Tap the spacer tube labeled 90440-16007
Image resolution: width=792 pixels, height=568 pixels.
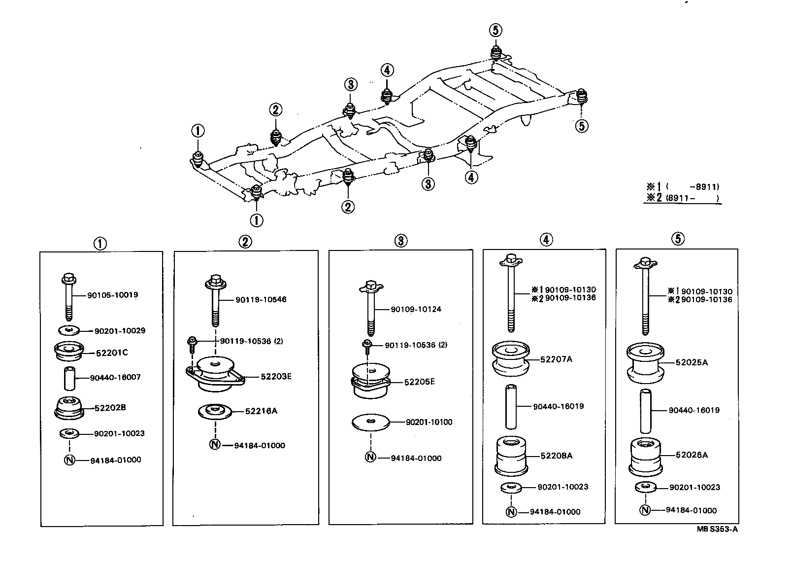pyautogui.click(x=67, y=378)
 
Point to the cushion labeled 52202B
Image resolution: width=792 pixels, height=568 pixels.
pyautogui.click(x=68, y=408)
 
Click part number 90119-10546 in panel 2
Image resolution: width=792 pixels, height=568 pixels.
pyautogui.click(x=261, y=299)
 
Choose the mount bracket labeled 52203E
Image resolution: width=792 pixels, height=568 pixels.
pyautogui.click(x=215, y=376)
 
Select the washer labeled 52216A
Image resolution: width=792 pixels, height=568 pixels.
pyautogui.click(x=214, y=411)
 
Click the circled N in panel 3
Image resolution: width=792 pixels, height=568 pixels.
pyautogui.click(x=370, y=458)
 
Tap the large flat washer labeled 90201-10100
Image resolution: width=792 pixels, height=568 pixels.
pyautogui.click(x=370, y=422)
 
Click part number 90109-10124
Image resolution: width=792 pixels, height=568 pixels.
pyautogui.click(x=416, y=309)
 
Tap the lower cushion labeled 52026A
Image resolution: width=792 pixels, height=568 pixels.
pyautogui.click(x=645, y=456)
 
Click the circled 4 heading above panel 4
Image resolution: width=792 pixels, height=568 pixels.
pyautogui.click(x=546, y=240)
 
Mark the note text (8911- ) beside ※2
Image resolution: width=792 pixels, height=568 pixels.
pyautogui.click(x=692, y=198)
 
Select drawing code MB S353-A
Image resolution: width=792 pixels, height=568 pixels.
pyautogui.click(x=717, y=529)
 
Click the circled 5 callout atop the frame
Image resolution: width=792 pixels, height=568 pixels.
pyautogui.click(x=495, y=31)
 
